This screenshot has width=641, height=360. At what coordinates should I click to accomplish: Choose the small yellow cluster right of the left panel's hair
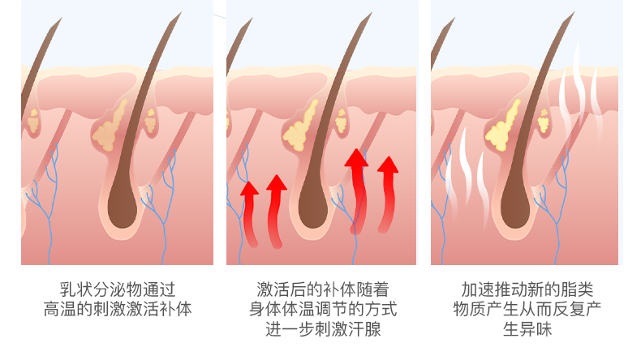click(x=152, y=122)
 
